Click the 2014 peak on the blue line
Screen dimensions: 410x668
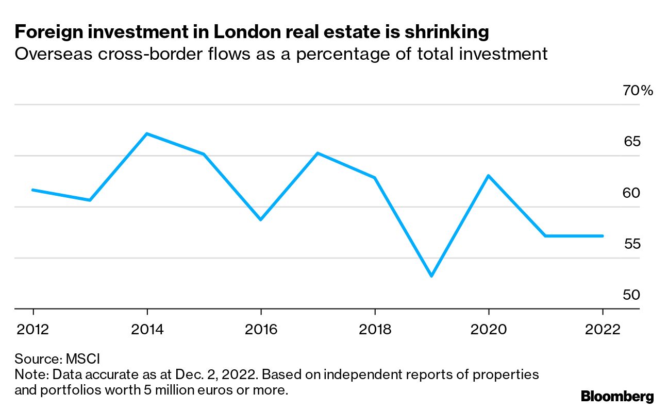tap(147, 134)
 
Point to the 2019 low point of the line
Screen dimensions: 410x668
tap(431, 276)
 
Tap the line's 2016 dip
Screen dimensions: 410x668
tap(261, 219)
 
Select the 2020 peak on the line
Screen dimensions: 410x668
tap(488, 176)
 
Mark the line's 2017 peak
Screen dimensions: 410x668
tap(318, 153)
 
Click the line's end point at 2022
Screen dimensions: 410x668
tap(602, 236)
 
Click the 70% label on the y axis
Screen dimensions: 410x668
tap(638, 91)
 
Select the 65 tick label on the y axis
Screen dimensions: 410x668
tap(632, 142)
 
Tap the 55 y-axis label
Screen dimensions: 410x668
tap(632, 244)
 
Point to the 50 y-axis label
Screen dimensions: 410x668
tap(632, 295)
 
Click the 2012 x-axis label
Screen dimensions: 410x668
tap(34, 329)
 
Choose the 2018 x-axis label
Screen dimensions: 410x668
tap(375, 329)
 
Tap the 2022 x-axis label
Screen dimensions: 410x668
tap(602, 329)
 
